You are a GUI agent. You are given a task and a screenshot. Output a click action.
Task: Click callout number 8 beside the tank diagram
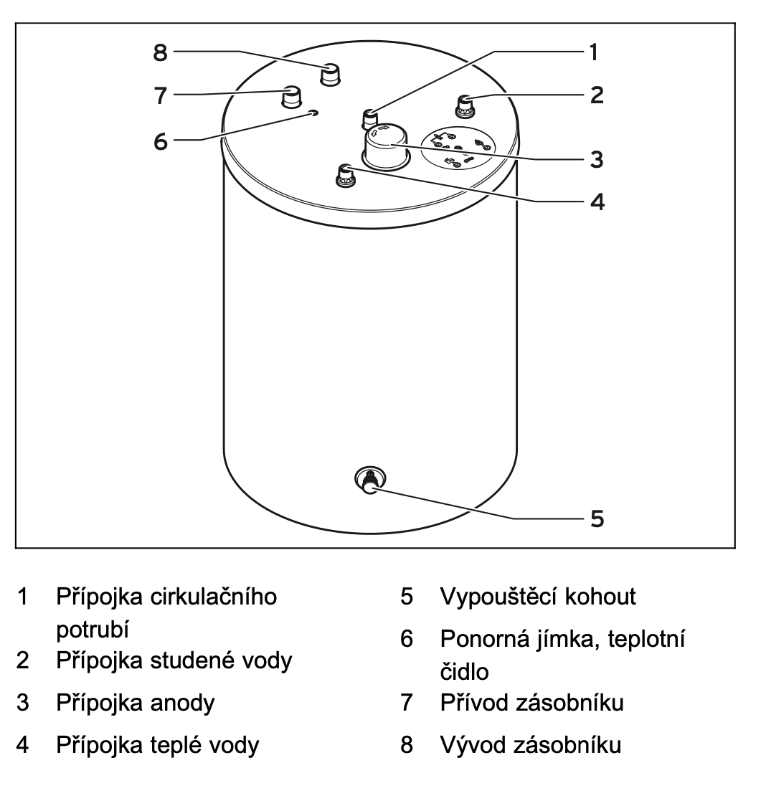(160, 52)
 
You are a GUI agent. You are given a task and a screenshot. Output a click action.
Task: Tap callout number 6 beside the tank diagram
(160, 141)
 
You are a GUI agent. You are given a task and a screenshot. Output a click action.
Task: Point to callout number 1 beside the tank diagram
(593, 52)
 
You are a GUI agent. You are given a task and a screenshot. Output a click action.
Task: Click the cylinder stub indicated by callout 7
(291, 96)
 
